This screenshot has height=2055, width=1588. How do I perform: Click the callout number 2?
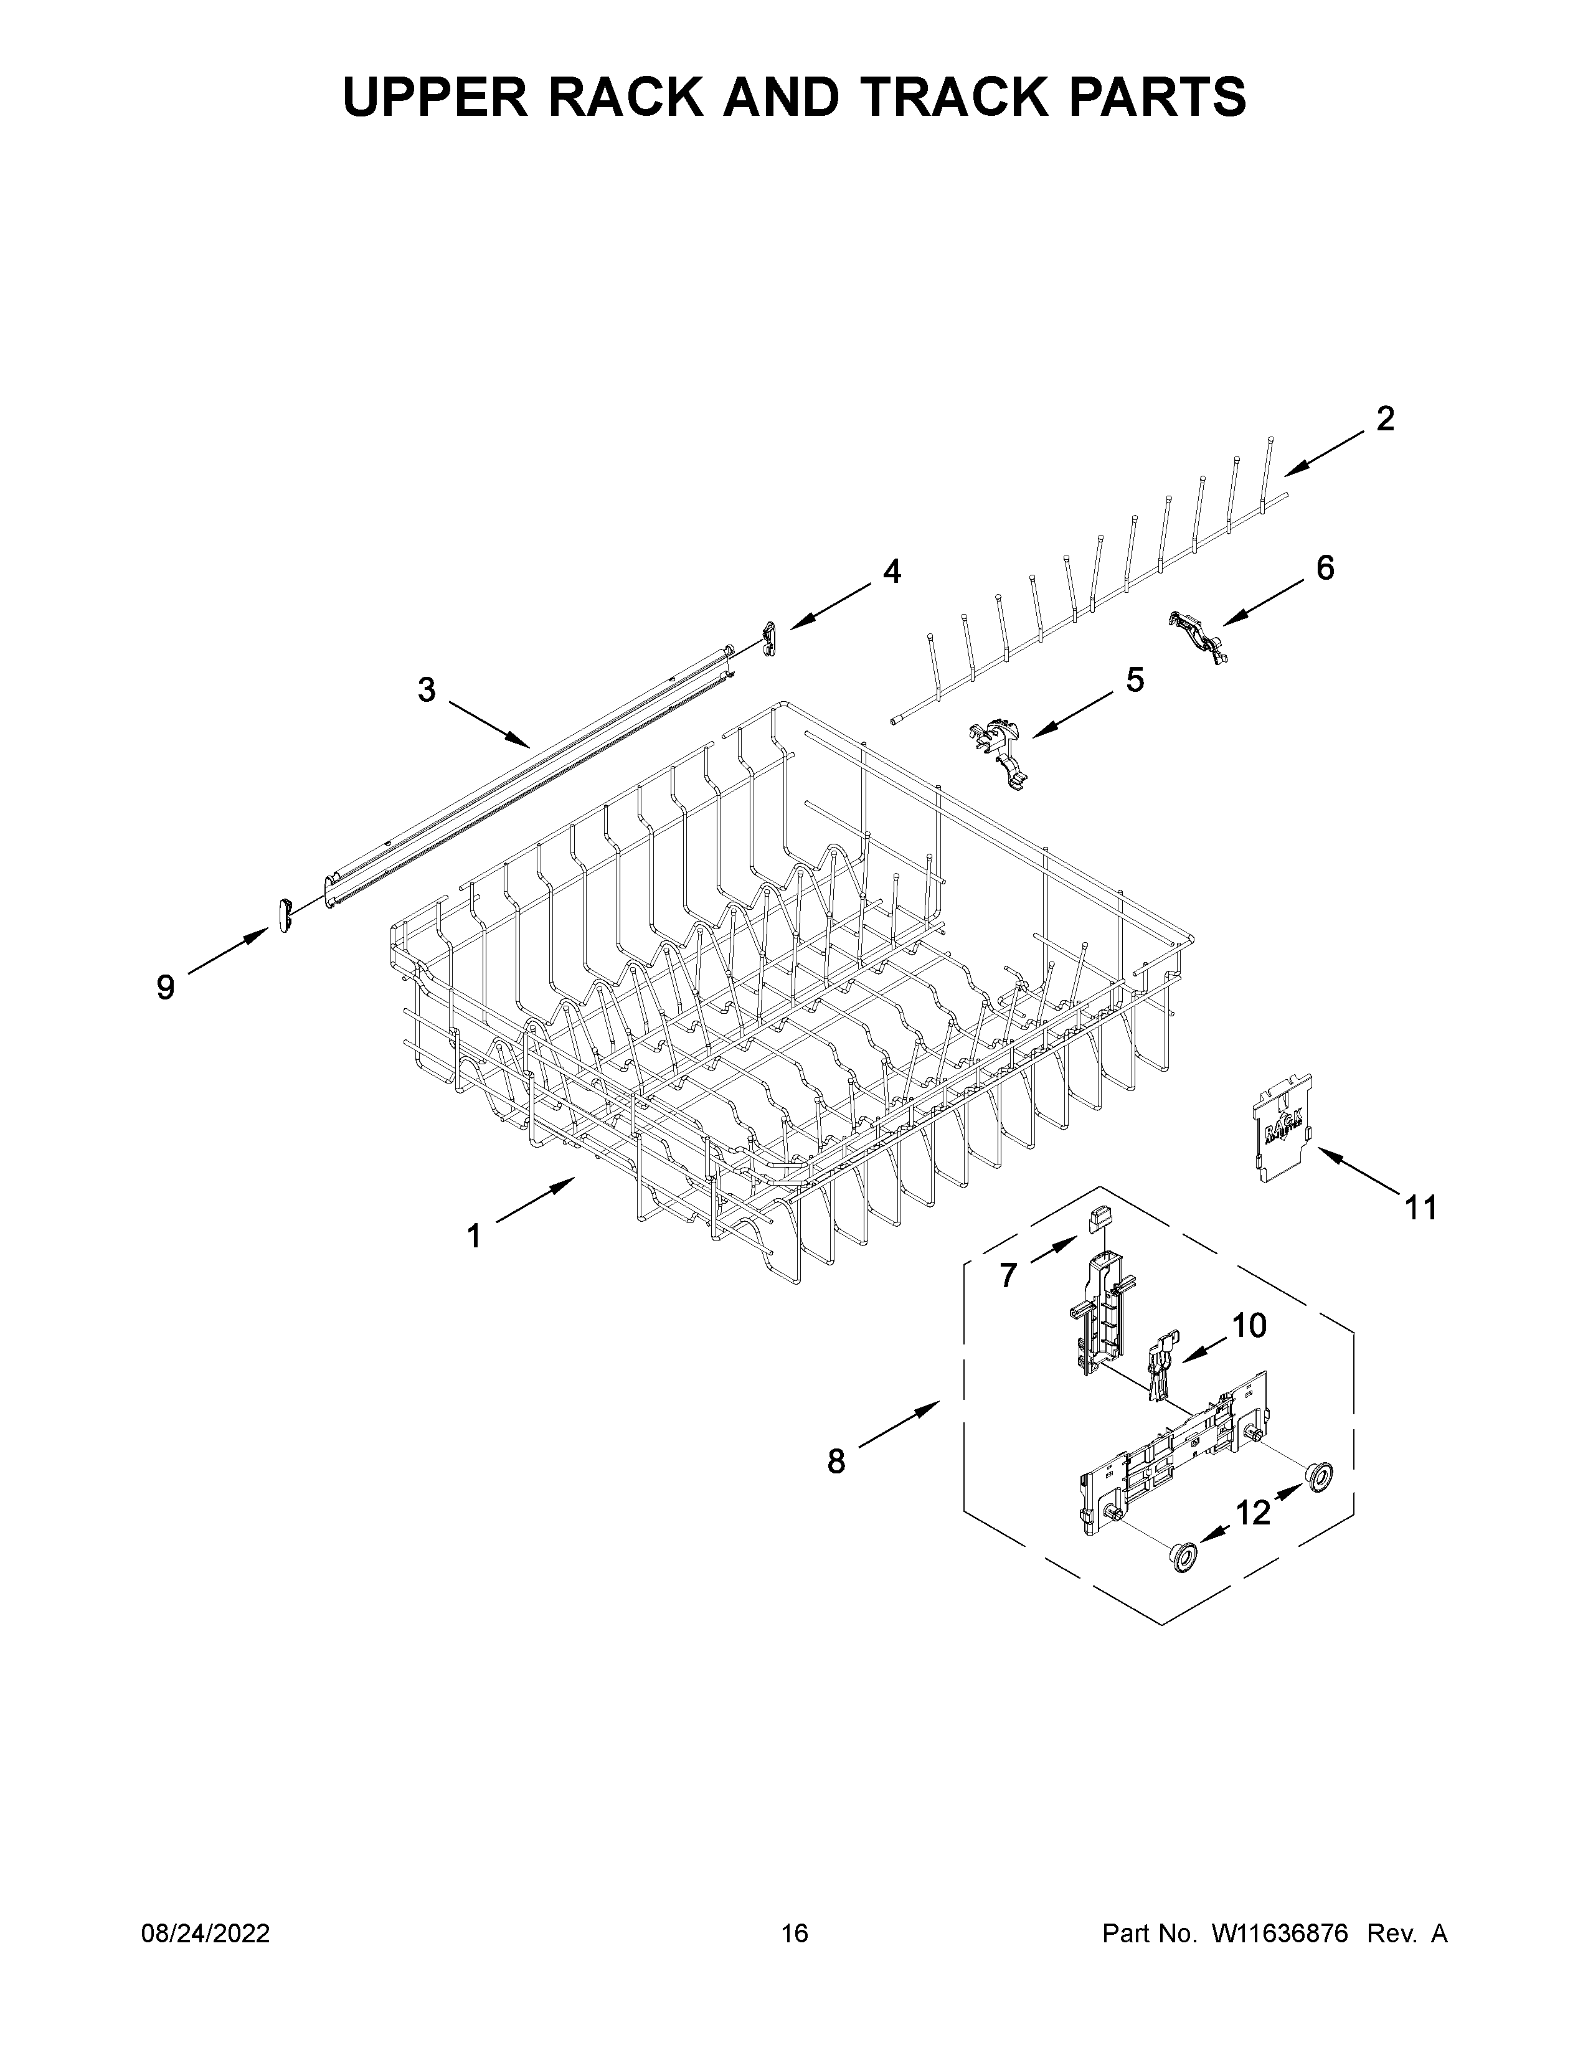tap(1385, 418)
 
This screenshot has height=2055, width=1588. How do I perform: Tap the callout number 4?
tap(891, 570)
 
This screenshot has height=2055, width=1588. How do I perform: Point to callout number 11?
tap(1420, 1207)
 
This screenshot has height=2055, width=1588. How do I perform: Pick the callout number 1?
tap(474, 1235)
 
